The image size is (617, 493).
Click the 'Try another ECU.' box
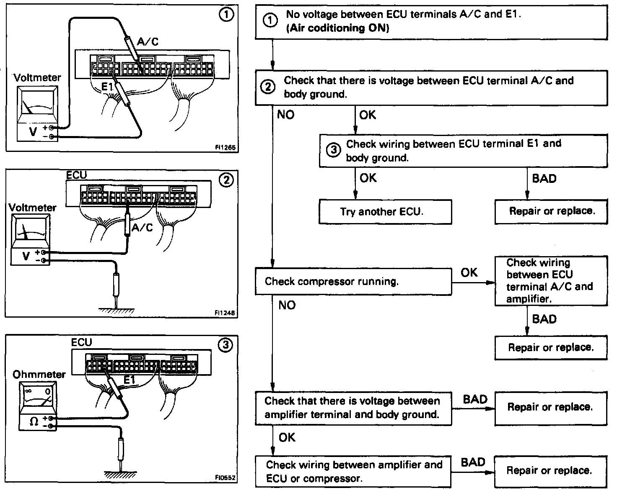click(385, 212)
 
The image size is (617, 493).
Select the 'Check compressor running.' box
click(353, 281)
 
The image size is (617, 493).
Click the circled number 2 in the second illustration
click(226, 181)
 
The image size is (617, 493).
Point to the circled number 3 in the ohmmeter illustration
click(226, 345)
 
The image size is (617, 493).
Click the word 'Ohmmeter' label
click(39, 375)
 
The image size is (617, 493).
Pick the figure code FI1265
click(225, 148)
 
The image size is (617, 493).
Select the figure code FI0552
click(225, 477)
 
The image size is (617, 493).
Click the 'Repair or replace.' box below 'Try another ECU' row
click(551, 211)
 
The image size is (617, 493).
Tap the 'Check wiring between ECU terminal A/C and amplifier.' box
click(551, 281)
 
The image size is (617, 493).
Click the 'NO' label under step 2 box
click(286, 115)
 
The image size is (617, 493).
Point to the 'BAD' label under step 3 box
click(544, 179)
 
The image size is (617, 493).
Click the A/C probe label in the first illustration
click(148, 41)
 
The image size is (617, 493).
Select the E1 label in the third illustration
click(130, 380)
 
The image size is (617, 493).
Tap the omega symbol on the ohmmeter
click(34, 421)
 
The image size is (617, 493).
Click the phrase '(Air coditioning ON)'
click(337, 28)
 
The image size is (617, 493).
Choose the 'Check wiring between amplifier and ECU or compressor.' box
click(353, 472)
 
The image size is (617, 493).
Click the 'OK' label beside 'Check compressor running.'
click(469, 272)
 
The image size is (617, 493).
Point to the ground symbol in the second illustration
click(117, 311)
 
